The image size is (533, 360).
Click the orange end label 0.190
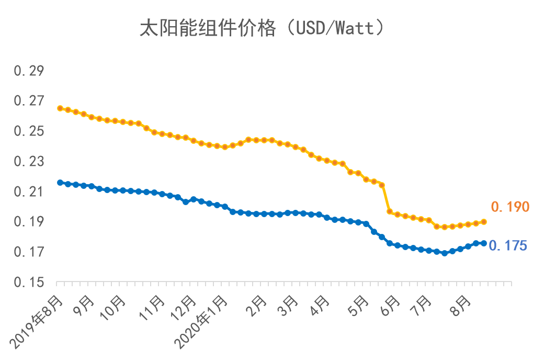(509, 207)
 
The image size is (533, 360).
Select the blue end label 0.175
(508, 245)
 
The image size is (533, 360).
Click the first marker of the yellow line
(60, 108)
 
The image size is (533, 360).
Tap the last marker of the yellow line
(484, 222)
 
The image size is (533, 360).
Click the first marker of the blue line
(60, 183)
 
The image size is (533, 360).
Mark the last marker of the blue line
(484, 243)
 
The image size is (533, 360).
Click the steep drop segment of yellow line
(385, 198)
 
